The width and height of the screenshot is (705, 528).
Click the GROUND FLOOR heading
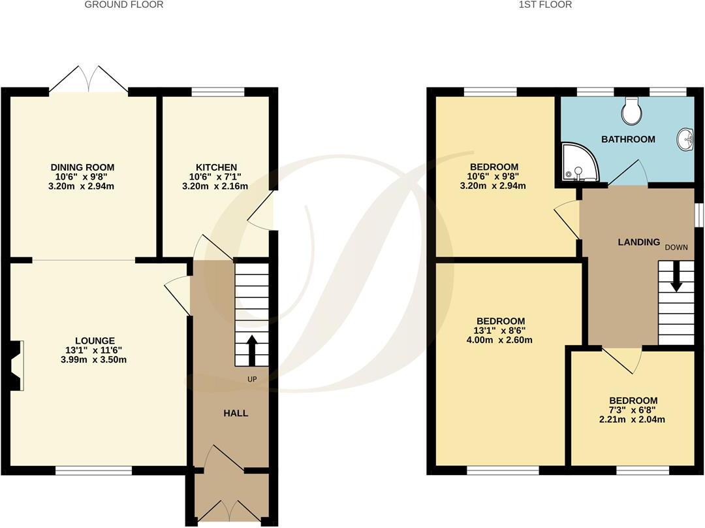124,5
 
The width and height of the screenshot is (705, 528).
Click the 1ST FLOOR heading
545,5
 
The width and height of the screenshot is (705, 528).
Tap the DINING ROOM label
83,167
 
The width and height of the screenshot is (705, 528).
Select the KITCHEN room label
216,167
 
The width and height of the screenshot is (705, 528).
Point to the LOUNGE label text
95,340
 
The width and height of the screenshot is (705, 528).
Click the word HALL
236,413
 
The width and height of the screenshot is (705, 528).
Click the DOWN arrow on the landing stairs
676,276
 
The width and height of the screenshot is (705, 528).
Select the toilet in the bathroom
631,111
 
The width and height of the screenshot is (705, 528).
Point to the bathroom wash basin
686,138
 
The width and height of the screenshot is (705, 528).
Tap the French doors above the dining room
89,80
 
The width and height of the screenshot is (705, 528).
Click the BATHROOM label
628,139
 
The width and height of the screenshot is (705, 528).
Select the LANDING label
639,242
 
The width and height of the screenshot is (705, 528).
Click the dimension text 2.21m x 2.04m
633,420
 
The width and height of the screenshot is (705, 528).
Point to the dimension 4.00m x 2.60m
501,340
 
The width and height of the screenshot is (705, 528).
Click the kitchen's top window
218,91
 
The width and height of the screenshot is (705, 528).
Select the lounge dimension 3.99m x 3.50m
95,359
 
